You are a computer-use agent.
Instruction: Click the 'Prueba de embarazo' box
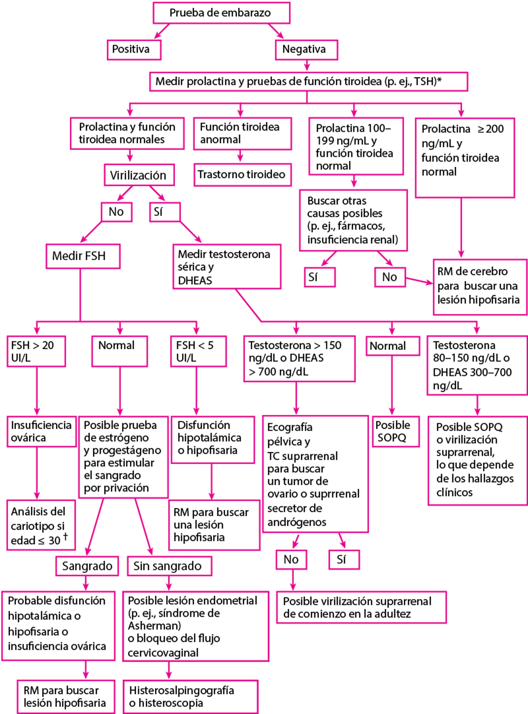point(221,13)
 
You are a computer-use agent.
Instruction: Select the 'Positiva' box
point(134,50)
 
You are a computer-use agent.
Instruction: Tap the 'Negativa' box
point(306,50)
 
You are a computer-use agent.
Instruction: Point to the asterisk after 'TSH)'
point(439,81)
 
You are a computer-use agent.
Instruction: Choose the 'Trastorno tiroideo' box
point(242,174)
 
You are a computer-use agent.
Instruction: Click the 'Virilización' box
point(139,175)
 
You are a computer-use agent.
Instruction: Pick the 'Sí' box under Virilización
point(165,212)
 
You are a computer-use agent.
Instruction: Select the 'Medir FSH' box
point(83,256)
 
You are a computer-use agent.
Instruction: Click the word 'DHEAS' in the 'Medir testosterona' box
point(195,280)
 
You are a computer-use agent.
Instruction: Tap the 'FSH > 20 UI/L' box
point(36,351)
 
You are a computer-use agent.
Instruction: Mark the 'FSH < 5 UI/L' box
point(198,351)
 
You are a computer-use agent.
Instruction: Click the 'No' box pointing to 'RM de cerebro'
point(390,277)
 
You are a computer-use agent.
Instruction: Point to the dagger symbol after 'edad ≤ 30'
point(65,537)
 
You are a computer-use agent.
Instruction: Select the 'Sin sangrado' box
point(169,566)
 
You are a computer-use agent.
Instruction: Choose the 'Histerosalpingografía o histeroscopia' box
point(190,696)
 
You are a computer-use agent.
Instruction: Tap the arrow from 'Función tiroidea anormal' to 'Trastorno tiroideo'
point(240,156)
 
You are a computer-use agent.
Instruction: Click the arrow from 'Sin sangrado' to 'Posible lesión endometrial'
point(169,583)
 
